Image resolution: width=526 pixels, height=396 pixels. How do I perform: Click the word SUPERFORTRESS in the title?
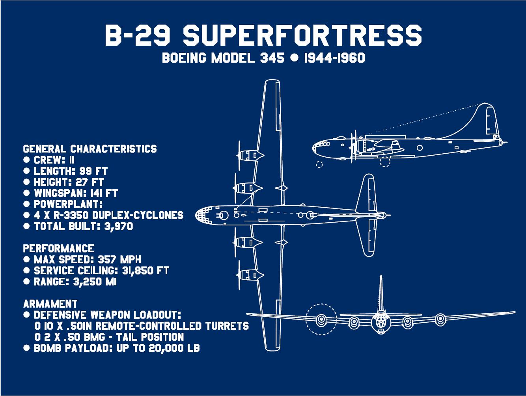tap(302, 35)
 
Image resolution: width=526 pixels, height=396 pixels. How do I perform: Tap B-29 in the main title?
tap(138, 35)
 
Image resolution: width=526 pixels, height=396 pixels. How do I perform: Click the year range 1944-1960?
tap(334, 58)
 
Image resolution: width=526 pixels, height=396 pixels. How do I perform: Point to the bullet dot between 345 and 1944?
tap(294, 58)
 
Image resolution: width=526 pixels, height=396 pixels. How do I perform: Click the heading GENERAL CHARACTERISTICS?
tap(90, 149)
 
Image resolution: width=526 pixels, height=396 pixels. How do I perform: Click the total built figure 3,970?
tap(119, 226)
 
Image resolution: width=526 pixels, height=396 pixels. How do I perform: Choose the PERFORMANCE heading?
tap(58, 249)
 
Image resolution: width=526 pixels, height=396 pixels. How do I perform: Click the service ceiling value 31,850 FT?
tap(146, 271)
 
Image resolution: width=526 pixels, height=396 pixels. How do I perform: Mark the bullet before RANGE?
tap(26, 282)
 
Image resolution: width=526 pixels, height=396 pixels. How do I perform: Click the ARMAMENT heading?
tap(50, 304)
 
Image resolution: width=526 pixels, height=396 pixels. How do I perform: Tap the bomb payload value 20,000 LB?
tap(174, 348)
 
